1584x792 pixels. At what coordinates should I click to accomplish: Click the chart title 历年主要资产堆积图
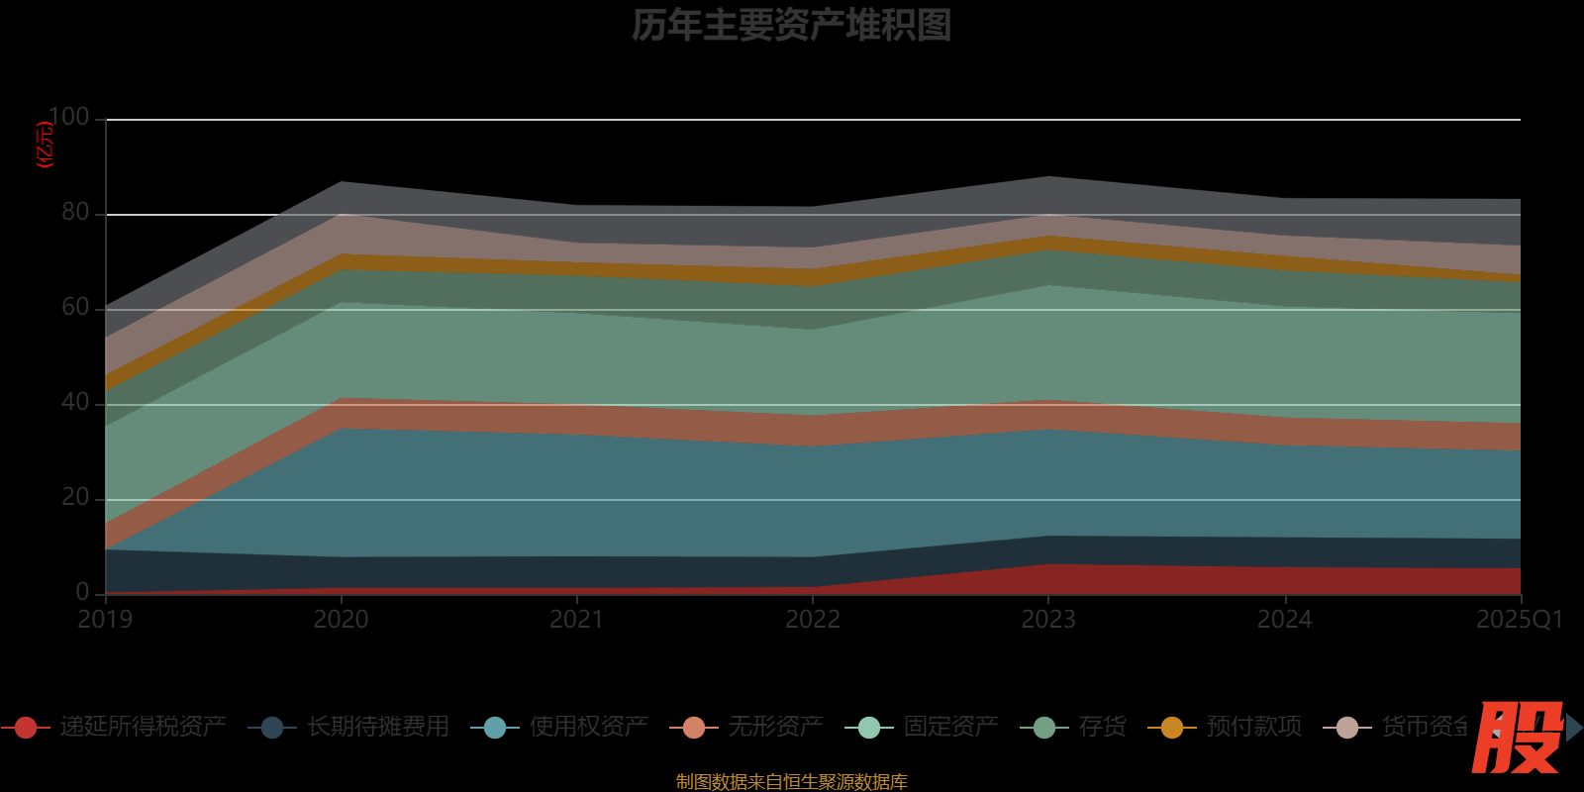point(791,26)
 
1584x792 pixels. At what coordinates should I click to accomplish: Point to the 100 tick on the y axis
point(68,117)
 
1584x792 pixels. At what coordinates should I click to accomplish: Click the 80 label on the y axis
point(75,212)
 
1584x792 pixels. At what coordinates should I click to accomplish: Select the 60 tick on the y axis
point(75,307)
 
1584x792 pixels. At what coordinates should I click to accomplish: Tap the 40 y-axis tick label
point(75,402)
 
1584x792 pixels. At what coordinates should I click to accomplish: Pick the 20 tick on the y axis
point(75,497)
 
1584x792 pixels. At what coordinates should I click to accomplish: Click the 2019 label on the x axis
point(105,620)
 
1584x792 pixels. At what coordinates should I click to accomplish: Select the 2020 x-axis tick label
point(341,620)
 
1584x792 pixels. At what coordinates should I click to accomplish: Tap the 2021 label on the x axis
point(576,620)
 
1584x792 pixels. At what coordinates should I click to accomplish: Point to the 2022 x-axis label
point(813,620)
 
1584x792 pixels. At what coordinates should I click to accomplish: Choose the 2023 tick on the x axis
point(1048,620)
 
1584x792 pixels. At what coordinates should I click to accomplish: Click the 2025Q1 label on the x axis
point(1519,620)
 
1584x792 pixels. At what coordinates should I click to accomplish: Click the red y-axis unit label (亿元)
point(45,145)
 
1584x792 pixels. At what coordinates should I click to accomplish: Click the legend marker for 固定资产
point(868,728)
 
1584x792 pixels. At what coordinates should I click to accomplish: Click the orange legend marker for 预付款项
point(1171,728)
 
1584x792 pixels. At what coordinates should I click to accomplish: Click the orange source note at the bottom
point(791,782)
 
